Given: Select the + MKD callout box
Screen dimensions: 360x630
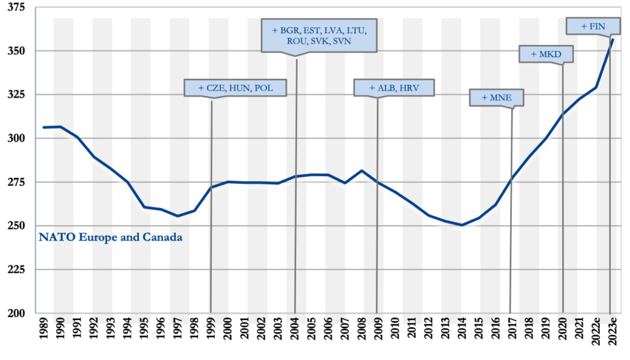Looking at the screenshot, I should coord(546,54).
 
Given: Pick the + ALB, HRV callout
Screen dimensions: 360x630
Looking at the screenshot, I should coord(394,88).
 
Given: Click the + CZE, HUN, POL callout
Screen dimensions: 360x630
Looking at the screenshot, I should coord(236,88).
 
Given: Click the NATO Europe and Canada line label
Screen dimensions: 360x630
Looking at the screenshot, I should coord(111,237).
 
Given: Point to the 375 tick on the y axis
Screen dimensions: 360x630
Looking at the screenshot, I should coord(18,7).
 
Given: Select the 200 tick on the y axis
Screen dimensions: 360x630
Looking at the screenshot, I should coord(18,313).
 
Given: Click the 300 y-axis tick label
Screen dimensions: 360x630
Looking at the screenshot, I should coord(18,138).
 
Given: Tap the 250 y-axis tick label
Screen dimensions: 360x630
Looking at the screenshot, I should coord(18,226).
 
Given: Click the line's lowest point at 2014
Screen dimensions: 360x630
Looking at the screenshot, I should coord(462,225).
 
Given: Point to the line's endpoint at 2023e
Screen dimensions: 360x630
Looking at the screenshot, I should coord(613,40).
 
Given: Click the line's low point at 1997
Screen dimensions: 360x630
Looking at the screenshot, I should coord(178,216).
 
